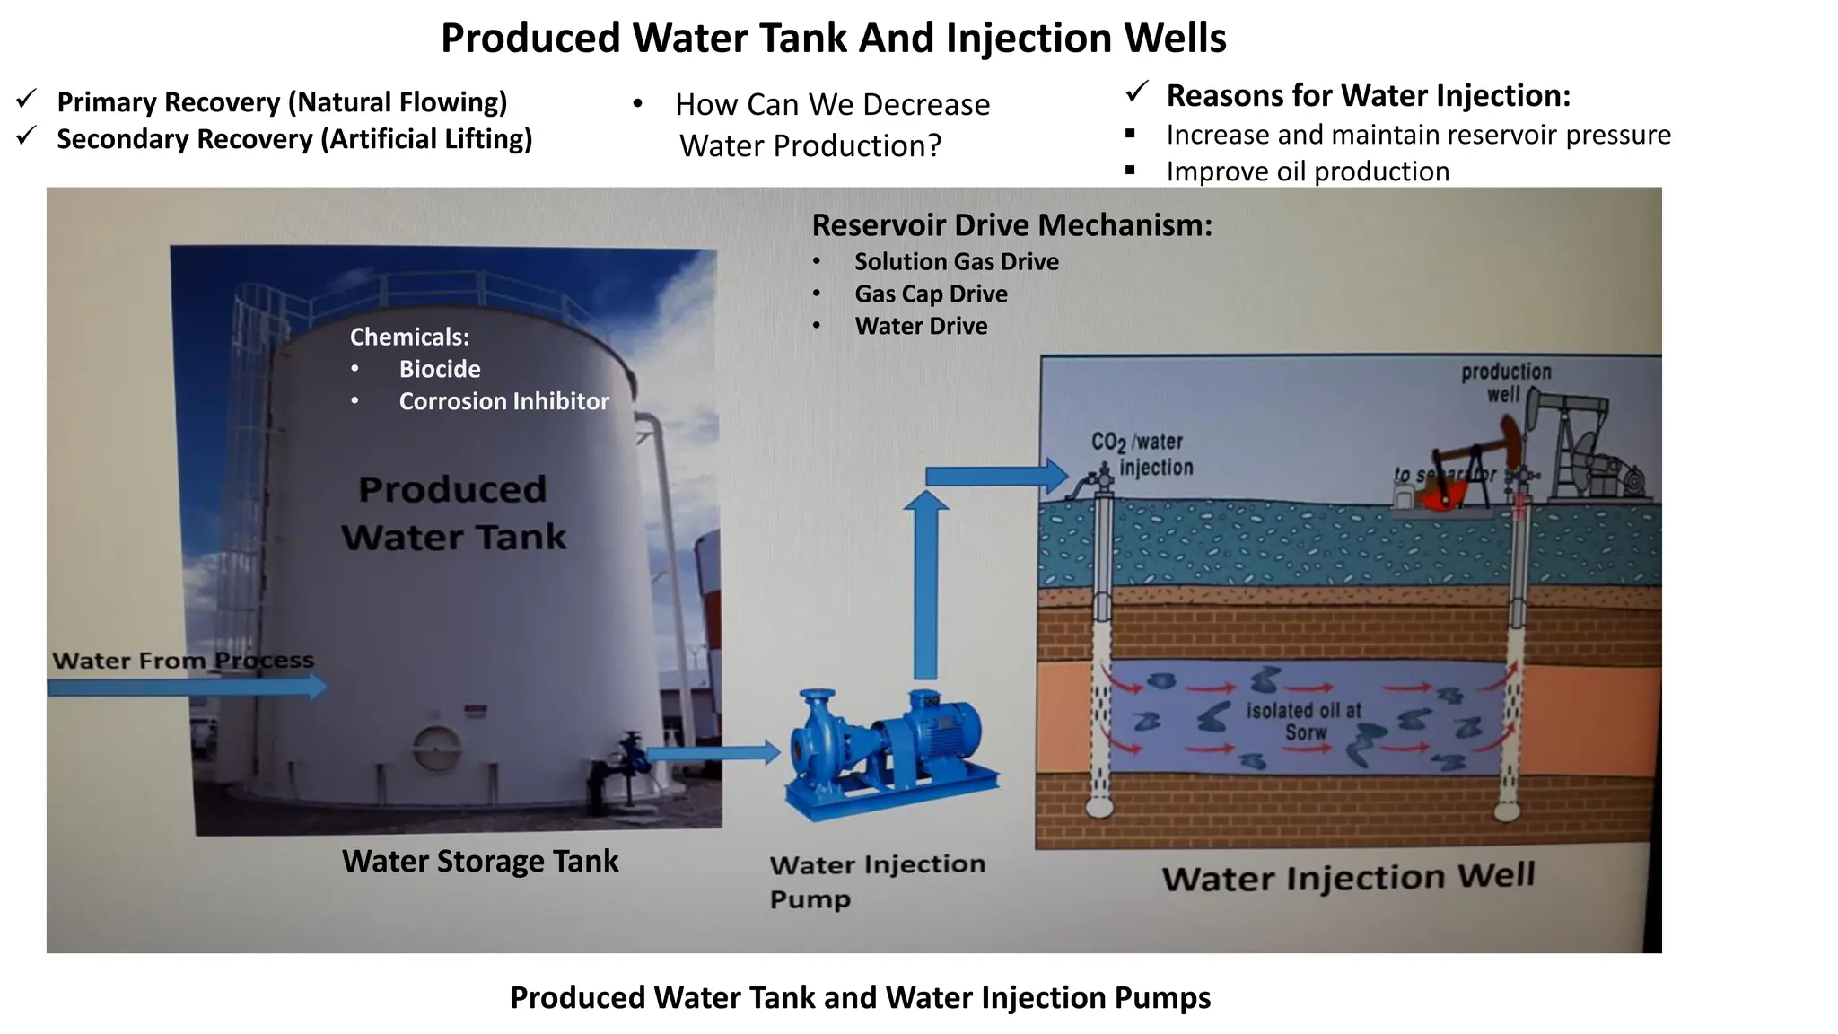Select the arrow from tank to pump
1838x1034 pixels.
[713, 753]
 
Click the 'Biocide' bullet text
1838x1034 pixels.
[439, 369]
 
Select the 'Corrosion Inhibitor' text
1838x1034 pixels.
[503, 401]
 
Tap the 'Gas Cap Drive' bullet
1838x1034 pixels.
[931, 294]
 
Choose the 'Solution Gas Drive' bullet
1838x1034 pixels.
[956, 261]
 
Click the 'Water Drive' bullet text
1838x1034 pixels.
[921, 326]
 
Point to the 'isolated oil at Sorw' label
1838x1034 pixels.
[1303, 722]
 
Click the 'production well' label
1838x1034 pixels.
[1505, 382]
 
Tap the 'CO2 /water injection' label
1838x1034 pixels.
[1142, 454]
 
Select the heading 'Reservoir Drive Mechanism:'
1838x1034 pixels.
[1011, 224]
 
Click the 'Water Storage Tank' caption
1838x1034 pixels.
[480, 861]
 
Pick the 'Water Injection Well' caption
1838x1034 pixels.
[1348, 877]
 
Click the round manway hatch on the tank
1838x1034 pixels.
[436, 747]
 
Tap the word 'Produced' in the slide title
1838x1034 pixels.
[530, 38]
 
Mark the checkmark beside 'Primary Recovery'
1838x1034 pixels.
[26, 100]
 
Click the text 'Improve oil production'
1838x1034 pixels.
[1308, 171]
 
